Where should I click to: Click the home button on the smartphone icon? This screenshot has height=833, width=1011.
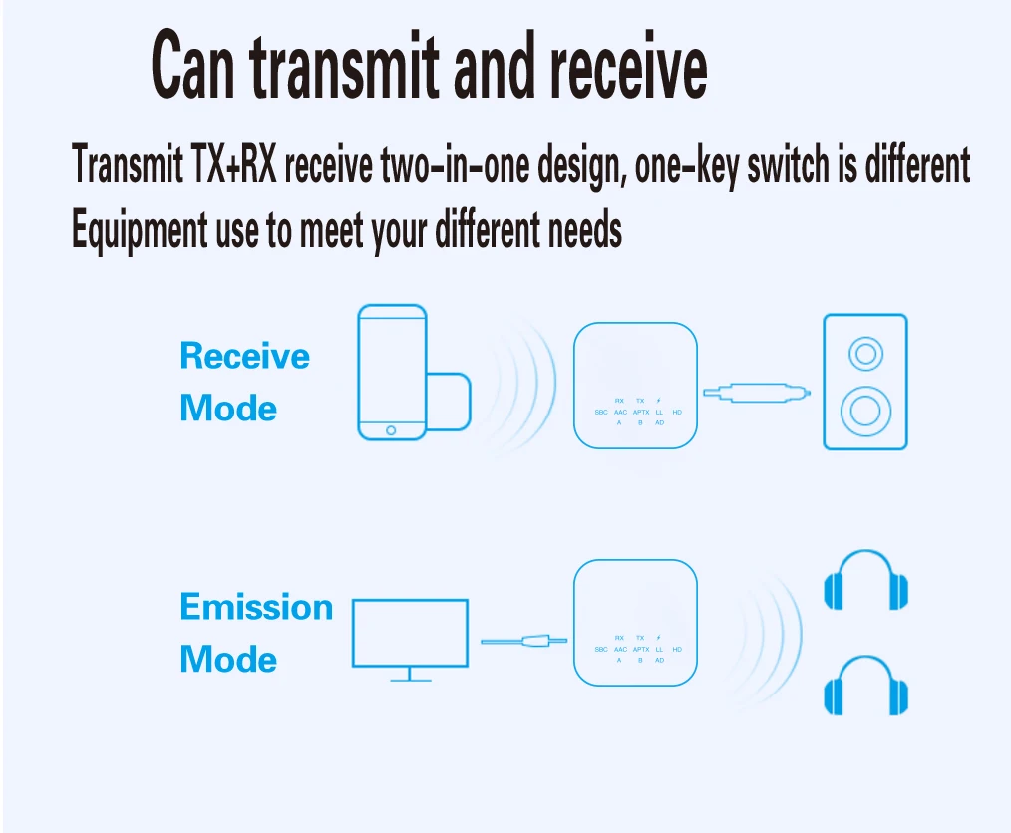(x=391, y=430)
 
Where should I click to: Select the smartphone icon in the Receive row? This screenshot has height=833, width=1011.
(x=392, y=373)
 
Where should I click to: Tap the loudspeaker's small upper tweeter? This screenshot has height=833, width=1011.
(x=864, y=353)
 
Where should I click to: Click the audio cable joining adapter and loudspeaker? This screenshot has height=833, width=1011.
(x=758, y=394)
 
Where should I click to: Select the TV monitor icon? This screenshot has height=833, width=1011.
(x=410, y=634)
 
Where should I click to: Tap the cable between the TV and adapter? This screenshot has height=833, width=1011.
(x=524, y=641)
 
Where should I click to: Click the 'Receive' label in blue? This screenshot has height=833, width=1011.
(x=244, y=356)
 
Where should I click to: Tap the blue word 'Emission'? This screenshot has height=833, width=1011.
(x=256, y=607)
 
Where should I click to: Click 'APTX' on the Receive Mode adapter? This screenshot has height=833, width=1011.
(x=641, y=412)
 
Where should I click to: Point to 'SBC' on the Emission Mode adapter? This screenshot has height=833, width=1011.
(x=601, y=649)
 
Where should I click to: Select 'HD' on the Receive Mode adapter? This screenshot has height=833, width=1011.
(x=677, y=412)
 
